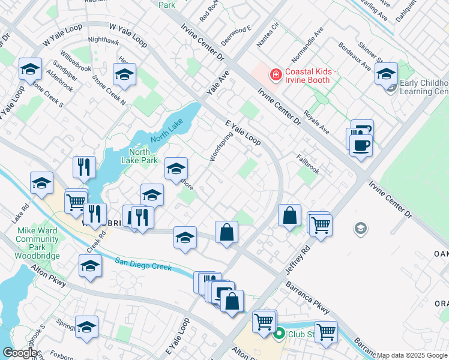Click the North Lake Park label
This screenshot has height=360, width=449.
(x=140, y=156)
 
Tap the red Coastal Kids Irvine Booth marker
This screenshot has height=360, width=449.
(x=276, y=75)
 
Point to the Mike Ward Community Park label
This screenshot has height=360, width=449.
(x=37, y=239)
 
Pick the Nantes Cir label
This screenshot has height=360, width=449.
(x=268, y=36)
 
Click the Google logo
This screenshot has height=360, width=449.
(x=19, y=353)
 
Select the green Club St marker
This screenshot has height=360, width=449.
(x=279, y=334)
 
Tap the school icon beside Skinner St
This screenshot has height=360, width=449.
(x=386, y=74)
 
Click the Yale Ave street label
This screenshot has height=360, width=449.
(x=218, y=85)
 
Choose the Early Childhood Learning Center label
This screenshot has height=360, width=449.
(x=424, y=87)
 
